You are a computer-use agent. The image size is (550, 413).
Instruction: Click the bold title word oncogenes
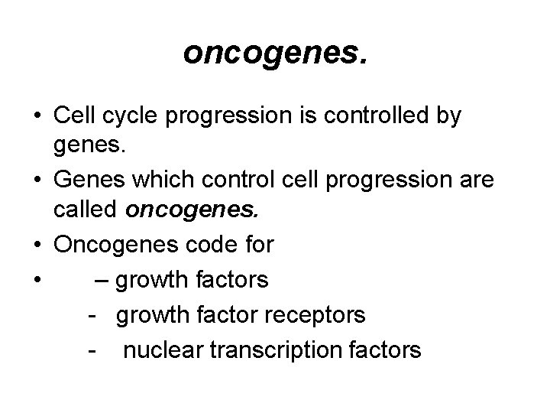tap(274, 53)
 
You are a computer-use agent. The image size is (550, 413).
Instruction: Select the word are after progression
tap(474, 180)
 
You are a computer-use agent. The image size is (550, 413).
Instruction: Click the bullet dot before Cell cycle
tap(37, 116)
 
